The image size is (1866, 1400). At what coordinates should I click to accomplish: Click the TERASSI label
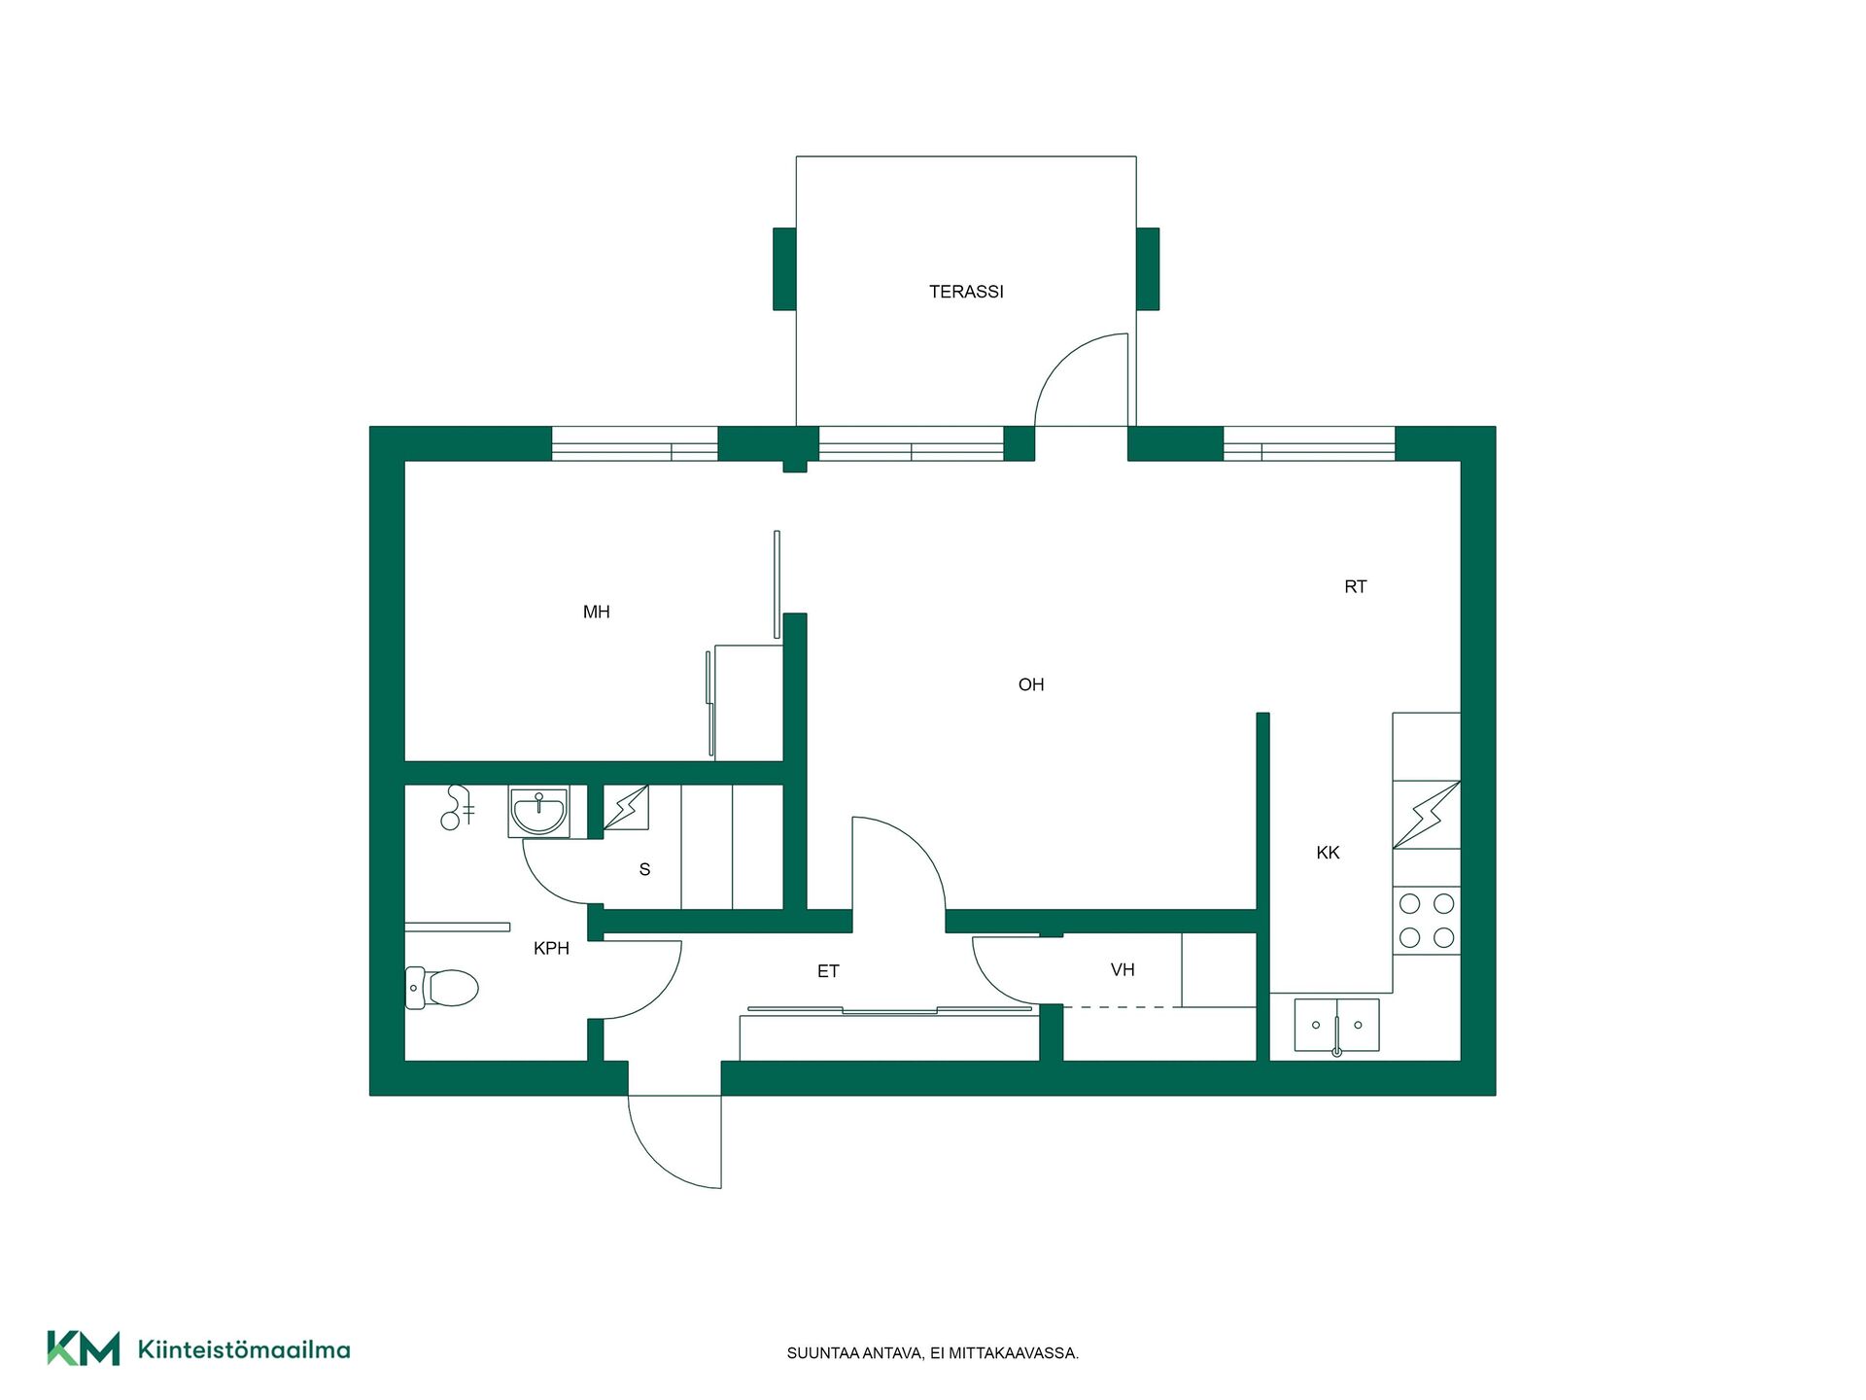[x=966, y=292]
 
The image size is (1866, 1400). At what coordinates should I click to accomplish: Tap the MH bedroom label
[x=597, y=612]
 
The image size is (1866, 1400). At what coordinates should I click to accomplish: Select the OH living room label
[x=1031, y=684]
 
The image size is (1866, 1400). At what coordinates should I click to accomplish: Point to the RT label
[x=1356, y=586]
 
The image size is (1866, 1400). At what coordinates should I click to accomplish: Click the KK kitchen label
[x=1328, y=853]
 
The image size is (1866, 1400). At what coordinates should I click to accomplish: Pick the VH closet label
[x=1123, y=969]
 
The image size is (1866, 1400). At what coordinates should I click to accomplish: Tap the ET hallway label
[x=828, y=970]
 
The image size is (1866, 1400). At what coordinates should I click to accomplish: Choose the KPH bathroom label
[x=551, y=948]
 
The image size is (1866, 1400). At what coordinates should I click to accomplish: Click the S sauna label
[x=644, y=869]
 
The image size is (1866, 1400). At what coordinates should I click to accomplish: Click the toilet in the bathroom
[x=442, y=988]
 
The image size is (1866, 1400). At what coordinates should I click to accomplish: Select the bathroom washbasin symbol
[x=539, y=813]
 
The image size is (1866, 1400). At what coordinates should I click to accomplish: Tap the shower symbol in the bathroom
[x=457, y=807]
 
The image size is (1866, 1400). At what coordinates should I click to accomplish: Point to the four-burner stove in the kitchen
[x=1427, y=921]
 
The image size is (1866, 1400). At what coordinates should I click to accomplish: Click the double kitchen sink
[x=1336, y=1025]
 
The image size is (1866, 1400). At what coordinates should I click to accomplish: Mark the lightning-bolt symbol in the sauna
[x=627, y=807]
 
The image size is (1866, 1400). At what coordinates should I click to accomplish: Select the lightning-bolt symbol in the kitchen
[x=1427, y=815]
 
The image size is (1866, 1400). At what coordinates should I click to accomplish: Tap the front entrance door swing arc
[x=655, y=1160]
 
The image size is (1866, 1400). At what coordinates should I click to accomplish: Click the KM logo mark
[x=84, y=1348]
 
